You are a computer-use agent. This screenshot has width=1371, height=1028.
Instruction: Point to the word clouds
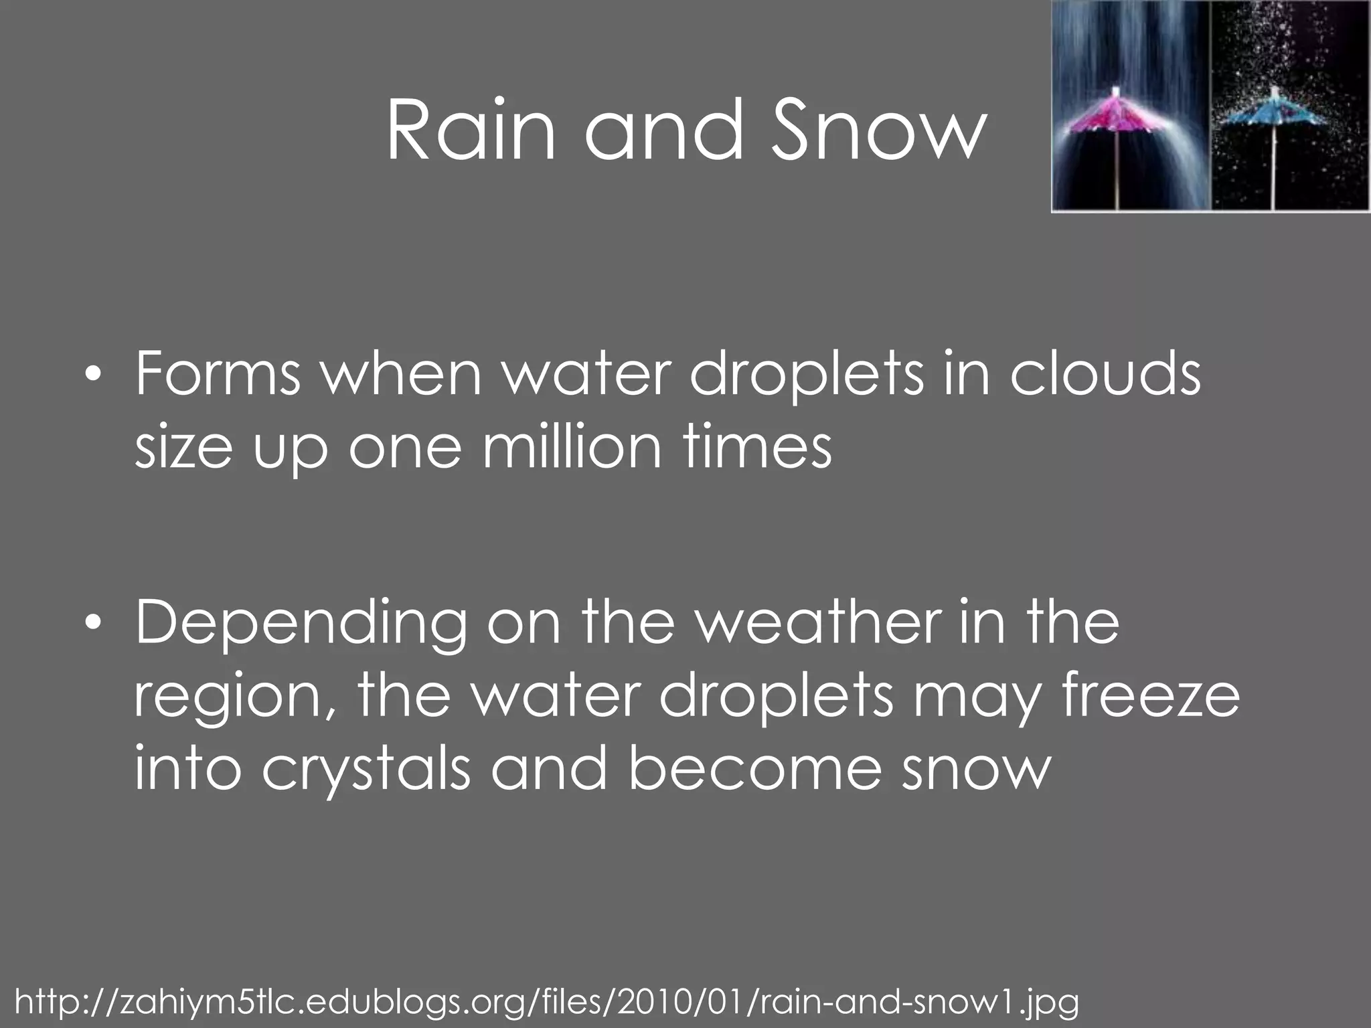tap(1105, 374)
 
